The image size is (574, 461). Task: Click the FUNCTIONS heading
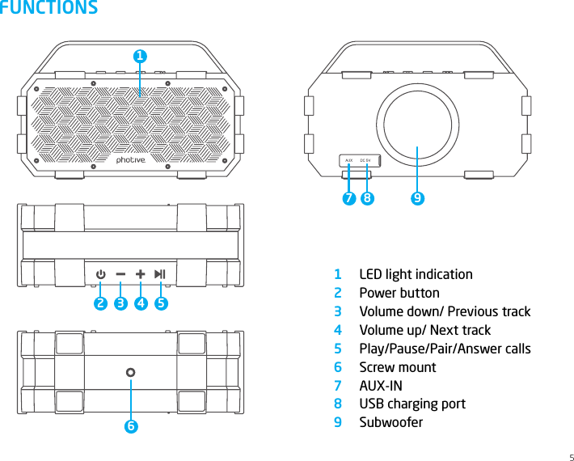(x=49, y=9)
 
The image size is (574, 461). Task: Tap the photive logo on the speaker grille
(x=131, y=160)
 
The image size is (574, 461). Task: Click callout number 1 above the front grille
(x=140, y=57)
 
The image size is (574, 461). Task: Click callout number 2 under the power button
(x=100, y=304)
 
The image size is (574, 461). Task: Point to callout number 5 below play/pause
(x=161, y=304)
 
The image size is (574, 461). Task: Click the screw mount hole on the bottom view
(x=130, y=373)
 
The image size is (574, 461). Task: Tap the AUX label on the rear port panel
(x=348, y=161)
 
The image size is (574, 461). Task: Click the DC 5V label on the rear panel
(x=365, y=161)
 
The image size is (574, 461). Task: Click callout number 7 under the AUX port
(x=348, y=197)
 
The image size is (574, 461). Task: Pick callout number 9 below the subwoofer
(x=416, y=197)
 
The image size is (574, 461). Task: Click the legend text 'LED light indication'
(x=416, y=274)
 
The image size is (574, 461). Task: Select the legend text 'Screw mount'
(x=397, y=367)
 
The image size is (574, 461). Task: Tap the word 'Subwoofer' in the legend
(x=390, y=422)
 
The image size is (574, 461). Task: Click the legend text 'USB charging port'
(x=412, y=404)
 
